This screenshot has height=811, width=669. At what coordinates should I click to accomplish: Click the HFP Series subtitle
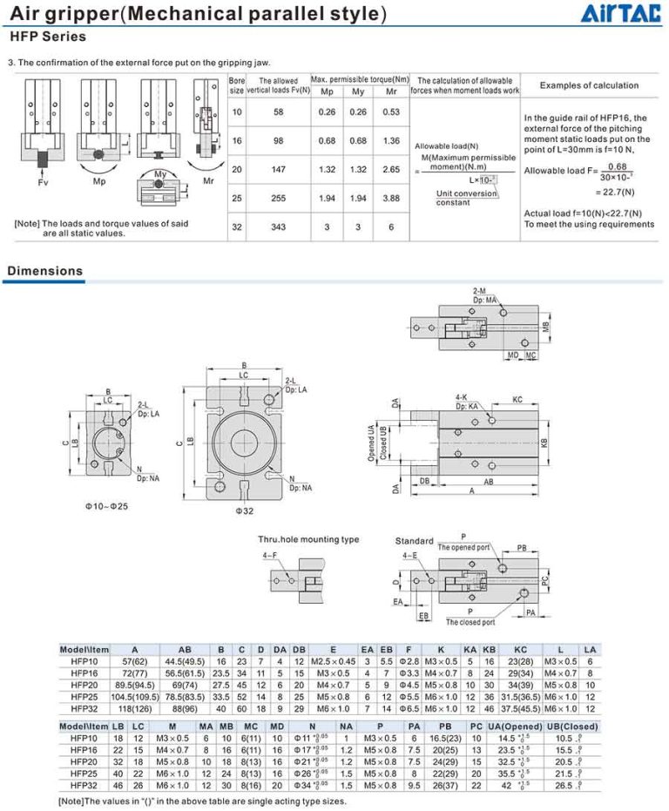pos(48,37)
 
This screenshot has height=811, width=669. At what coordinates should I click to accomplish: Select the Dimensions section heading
pos(45,271)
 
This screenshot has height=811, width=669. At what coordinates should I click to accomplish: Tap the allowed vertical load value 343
pos(278,226)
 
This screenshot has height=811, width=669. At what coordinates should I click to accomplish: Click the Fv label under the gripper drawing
pos(44,184)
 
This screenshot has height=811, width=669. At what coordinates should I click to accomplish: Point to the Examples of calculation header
pos(589,85)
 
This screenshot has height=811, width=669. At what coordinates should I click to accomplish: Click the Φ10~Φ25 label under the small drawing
pos(108,505)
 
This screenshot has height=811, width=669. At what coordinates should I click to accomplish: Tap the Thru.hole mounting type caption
pos(307,539)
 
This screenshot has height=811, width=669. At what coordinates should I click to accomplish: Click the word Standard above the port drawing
pos(414,541)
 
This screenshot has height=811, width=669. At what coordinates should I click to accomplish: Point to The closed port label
pos(470,622)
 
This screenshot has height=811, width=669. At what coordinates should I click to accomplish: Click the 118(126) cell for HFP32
pos(134,708)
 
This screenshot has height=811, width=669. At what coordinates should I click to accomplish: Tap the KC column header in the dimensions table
pos(521,649)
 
